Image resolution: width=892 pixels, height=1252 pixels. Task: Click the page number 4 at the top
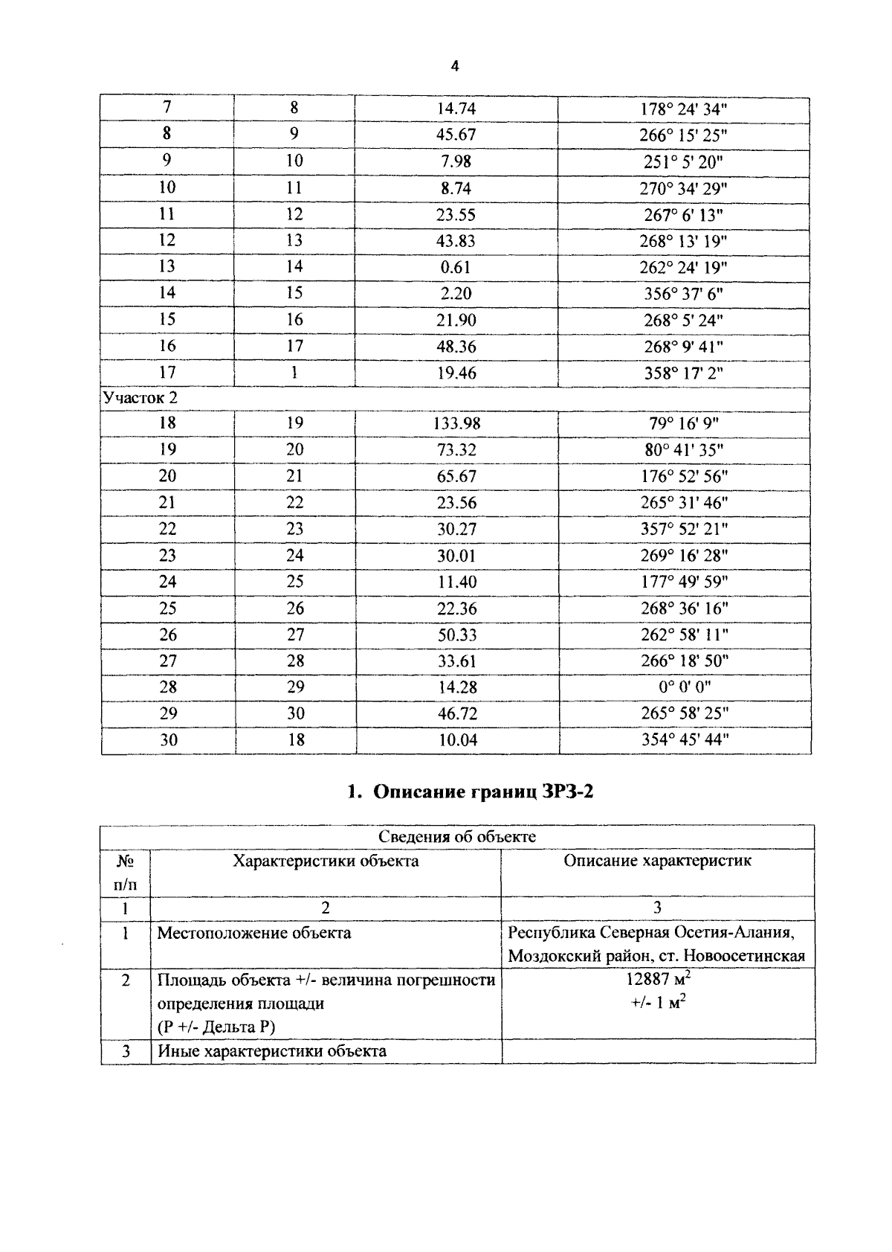455,66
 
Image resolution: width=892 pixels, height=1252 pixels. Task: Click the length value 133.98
456,424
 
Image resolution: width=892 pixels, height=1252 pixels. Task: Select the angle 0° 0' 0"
684,687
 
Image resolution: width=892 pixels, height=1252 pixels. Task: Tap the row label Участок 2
140,398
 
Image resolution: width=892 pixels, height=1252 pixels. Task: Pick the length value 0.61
456,267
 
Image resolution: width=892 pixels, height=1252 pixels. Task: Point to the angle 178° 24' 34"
684,109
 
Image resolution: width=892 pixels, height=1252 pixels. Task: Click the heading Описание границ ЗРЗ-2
471,792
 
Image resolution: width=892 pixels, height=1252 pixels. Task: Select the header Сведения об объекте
456,837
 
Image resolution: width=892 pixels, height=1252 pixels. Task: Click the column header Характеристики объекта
326,861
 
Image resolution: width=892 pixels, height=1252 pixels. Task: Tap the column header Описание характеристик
657,861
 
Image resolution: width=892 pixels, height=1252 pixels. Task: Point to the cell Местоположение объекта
253,933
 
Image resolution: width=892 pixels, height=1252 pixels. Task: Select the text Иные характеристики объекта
271,1051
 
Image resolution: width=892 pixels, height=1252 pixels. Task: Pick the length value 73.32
456,450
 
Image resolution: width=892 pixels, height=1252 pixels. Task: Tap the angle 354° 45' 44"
685,740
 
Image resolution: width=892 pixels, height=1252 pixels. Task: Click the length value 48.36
456,347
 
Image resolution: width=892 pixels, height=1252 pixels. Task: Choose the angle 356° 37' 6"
683,294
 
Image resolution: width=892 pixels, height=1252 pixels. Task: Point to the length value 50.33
456,635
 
